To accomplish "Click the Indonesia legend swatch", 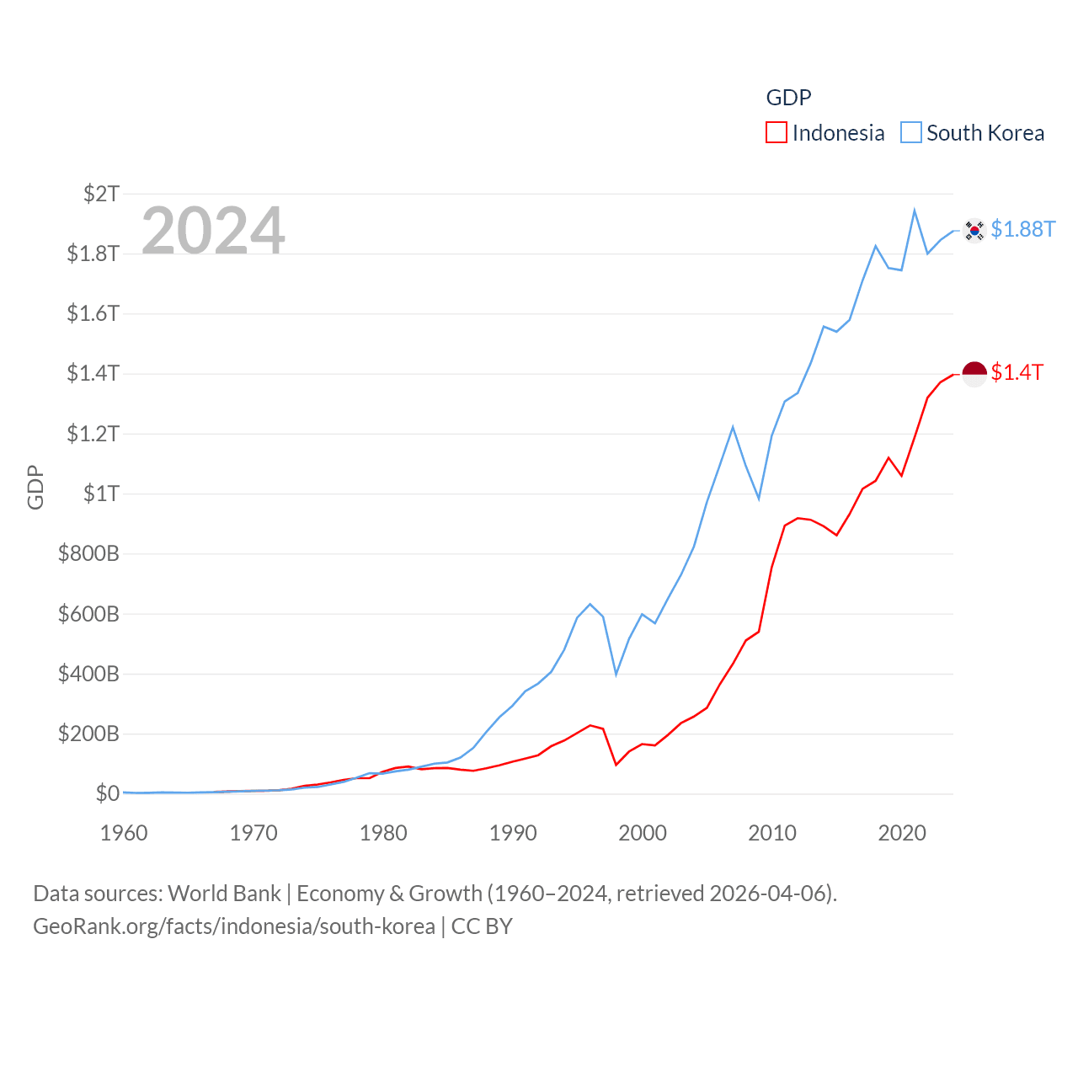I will tap(776, 133).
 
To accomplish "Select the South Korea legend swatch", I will tap(911, 133).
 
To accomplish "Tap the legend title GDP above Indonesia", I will tap(788, 98).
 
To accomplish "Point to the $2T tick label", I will tap(101, 194).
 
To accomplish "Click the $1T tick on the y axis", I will tap(101, 494).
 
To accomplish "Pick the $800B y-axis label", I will tap(88, 553).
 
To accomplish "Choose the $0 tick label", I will tap(107, 793).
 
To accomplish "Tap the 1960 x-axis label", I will tap(124, 833).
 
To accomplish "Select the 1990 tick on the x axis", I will tap(513, 833).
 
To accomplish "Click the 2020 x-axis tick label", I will tap(902, 833).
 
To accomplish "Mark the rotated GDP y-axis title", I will tap(35, 487).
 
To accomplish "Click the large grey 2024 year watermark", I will tap(213, 230).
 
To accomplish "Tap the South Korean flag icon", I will tap(974, 229).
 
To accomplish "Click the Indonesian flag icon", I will tap(974, 373).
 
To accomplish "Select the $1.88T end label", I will tap(1022, 229).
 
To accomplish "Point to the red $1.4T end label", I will tap(1017, 372).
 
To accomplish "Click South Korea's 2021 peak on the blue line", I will tap(915, 211).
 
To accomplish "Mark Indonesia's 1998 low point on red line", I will tap(616, 765).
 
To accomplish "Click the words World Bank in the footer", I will tap(225, 894).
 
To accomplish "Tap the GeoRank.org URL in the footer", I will tap(234, 926).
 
